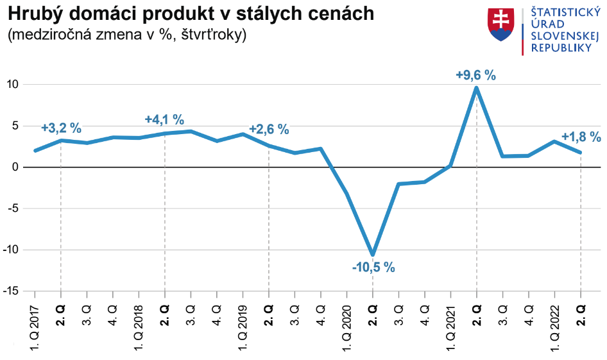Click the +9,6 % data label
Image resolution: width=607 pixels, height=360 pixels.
tap(475, 75)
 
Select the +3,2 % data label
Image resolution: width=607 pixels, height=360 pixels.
tap(61, 128)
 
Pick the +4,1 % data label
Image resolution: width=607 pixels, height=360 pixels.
tap(164, 119)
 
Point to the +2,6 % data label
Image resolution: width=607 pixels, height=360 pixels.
tap(269, 130)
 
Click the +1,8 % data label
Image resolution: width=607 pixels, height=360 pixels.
tap(581, 137)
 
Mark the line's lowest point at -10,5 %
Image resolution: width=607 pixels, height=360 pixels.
tap(373, 254)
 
